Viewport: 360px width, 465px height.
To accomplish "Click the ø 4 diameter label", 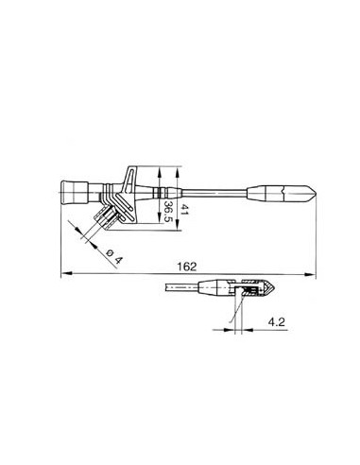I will [x=113, y=255].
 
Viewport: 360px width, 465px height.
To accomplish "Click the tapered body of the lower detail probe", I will [x=213, y=288].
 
